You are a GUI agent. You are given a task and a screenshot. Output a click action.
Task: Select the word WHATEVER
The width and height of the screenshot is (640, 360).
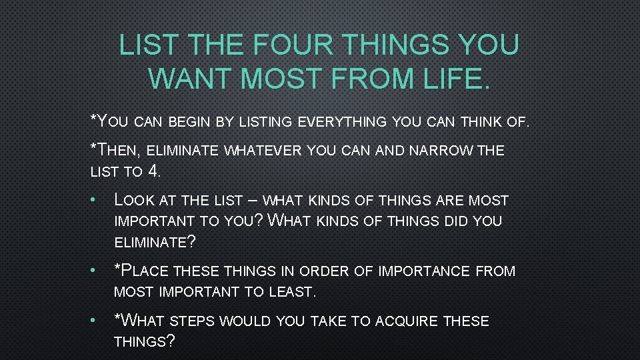click(263, 151)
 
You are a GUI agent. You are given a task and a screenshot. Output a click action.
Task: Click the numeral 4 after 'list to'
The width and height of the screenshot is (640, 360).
click(154, 171)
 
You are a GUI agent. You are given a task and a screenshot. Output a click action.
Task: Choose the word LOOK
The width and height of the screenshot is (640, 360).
click(136, 200)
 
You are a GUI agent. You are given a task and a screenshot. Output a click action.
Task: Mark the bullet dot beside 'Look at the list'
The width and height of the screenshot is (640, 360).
click(97, 200)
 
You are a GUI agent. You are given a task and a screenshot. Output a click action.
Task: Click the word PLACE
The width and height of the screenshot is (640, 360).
click(145, 271)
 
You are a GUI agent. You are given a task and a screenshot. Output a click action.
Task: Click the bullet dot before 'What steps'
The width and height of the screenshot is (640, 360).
click(97, 321)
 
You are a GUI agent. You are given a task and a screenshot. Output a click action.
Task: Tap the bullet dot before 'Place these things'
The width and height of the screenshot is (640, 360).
click(97, 271)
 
